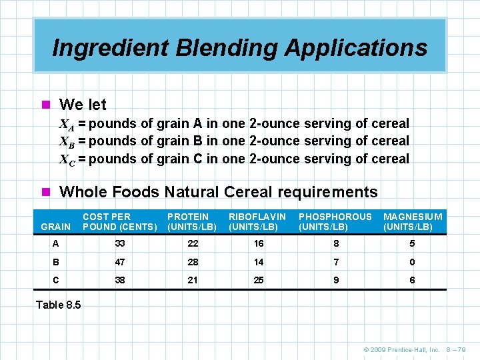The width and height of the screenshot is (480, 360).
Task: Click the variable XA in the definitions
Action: click(x=67, y=124)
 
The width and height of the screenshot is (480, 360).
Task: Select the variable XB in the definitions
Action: click(x=67, y=141)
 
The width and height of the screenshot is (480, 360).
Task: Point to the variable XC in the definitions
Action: click(x=67, y=159)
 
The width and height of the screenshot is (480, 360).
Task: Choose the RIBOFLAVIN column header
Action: click(x=257, y=221)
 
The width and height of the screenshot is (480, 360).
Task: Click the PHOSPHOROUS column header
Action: click(x=335, y=221)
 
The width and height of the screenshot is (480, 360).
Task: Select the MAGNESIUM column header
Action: click(x=412, y=221)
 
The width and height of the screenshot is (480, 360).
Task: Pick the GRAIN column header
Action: click(x=55, y=227)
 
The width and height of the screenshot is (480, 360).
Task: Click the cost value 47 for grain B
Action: click(x=120, y=262)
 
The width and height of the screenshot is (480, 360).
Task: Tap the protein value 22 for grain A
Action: click(x=193, y=243)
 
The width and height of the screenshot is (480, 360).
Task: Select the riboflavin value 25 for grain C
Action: click(x=259, y=280)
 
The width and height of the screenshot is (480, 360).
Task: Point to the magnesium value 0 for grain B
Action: click(x=412, y=262)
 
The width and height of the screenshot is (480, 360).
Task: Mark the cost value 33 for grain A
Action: click(x=120, y=243)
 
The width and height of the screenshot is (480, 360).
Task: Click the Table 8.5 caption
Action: click(x=58, y=305)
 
